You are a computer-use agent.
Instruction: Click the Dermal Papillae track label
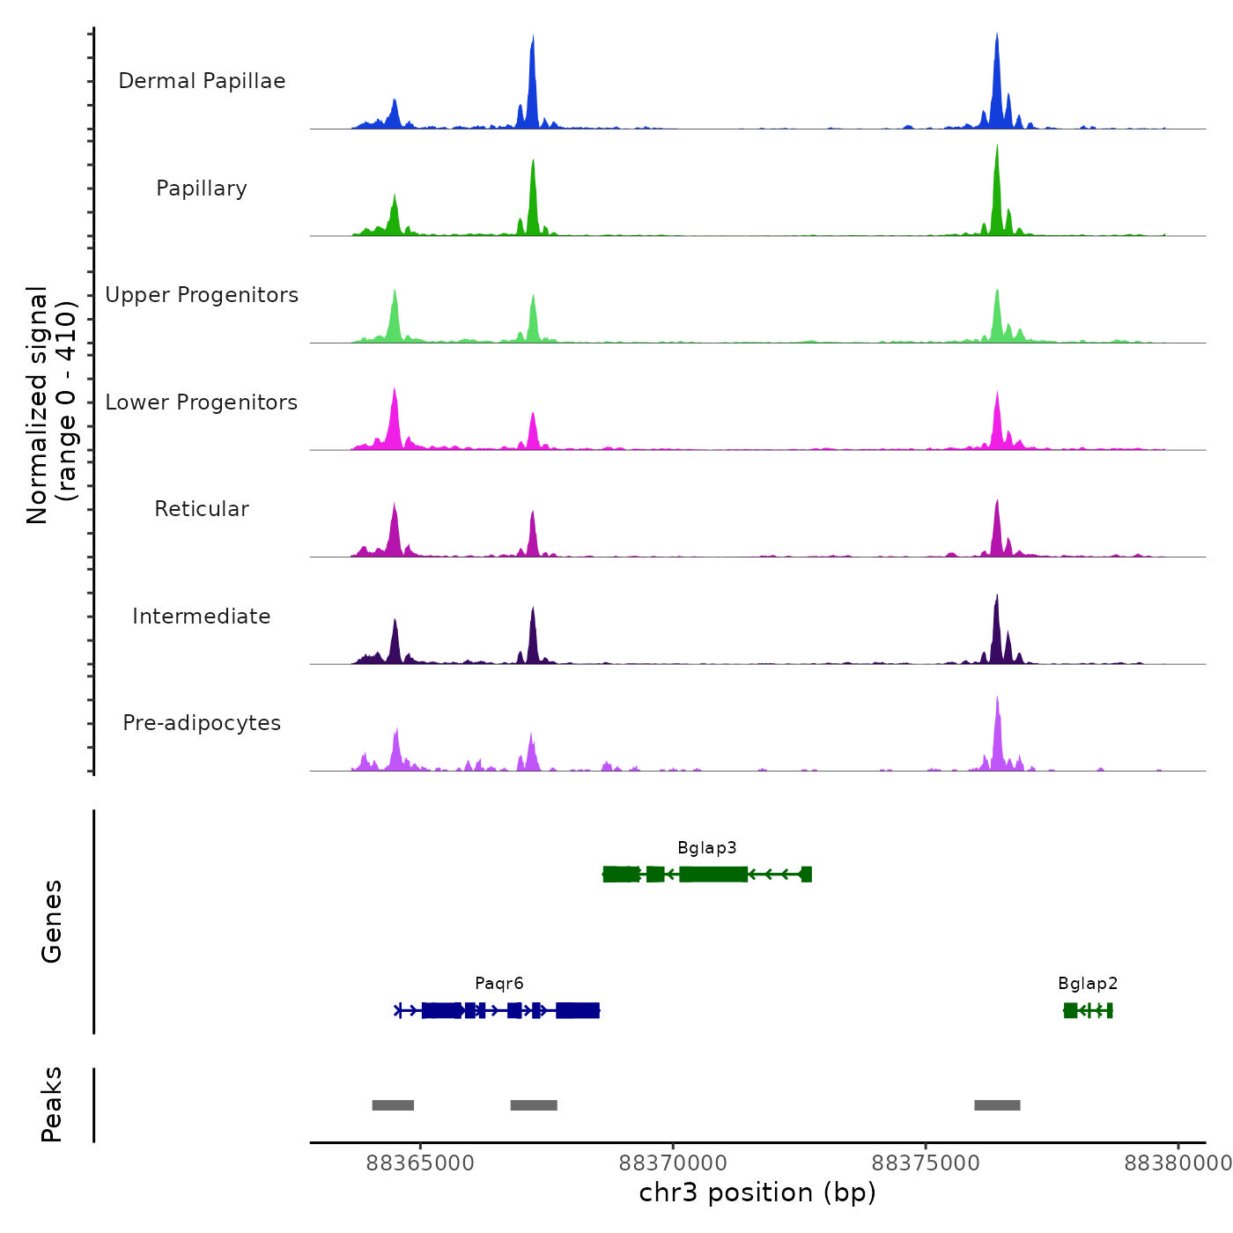click(x=202, y=81)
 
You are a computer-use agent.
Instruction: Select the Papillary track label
click(x=202, y=188)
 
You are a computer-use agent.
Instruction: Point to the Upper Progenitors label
click(x=202, y=295)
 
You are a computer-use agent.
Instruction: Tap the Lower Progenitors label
click(x=202, y=402)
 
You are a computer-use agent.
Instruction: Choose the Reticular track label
click(x=202, y=509)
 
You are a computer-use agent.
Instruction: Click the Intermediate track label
click(x=202, y=616)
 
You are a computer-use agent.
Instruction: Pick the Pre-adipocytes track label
click(x=202, y=723)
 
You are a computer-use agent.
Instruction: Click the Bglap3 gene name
click(x=706, y=848)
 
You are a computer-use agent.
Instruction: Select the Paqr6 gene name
click(x=498, y=984)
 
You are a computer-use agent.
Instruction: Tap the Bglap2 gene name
click(x=1088, y=984)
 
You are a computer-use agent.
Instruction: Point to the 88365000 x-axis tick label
click(x=420, y=1163)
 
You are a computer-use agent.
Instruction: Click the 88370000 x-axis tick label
click(x=673, y=1163)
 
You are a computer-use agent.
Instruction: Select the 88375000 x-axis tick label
click(x=926, y=1163)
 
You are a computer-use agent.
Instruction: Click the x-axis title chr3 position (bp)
click(x=757, y=1193)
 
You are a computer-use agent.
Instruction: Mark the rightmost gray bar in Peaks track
click(x=997, y=1105)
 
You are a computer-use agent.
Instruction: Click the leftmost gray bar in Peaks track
click(x=393, y=1105)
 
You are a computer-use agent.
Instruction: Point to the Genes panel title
click(x=52, y=921)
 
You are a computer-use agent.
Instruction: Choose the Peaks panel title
click(x=52, y=1104)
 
